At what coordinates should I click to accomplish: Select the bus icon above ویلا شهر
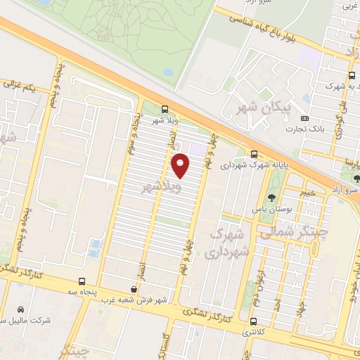point(165,109)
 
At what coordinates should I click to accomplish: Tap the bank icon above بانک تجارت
point(304,118)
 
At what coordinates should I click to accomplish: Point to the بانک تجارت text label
point(303,129)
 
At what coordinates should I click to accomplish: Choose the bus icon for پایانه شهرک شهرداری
point(254,155)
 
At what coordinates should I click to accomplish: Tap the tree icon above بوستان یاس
point(272,198)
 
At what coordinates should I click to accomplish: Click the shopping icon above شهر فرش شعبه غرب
point(134,288)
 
